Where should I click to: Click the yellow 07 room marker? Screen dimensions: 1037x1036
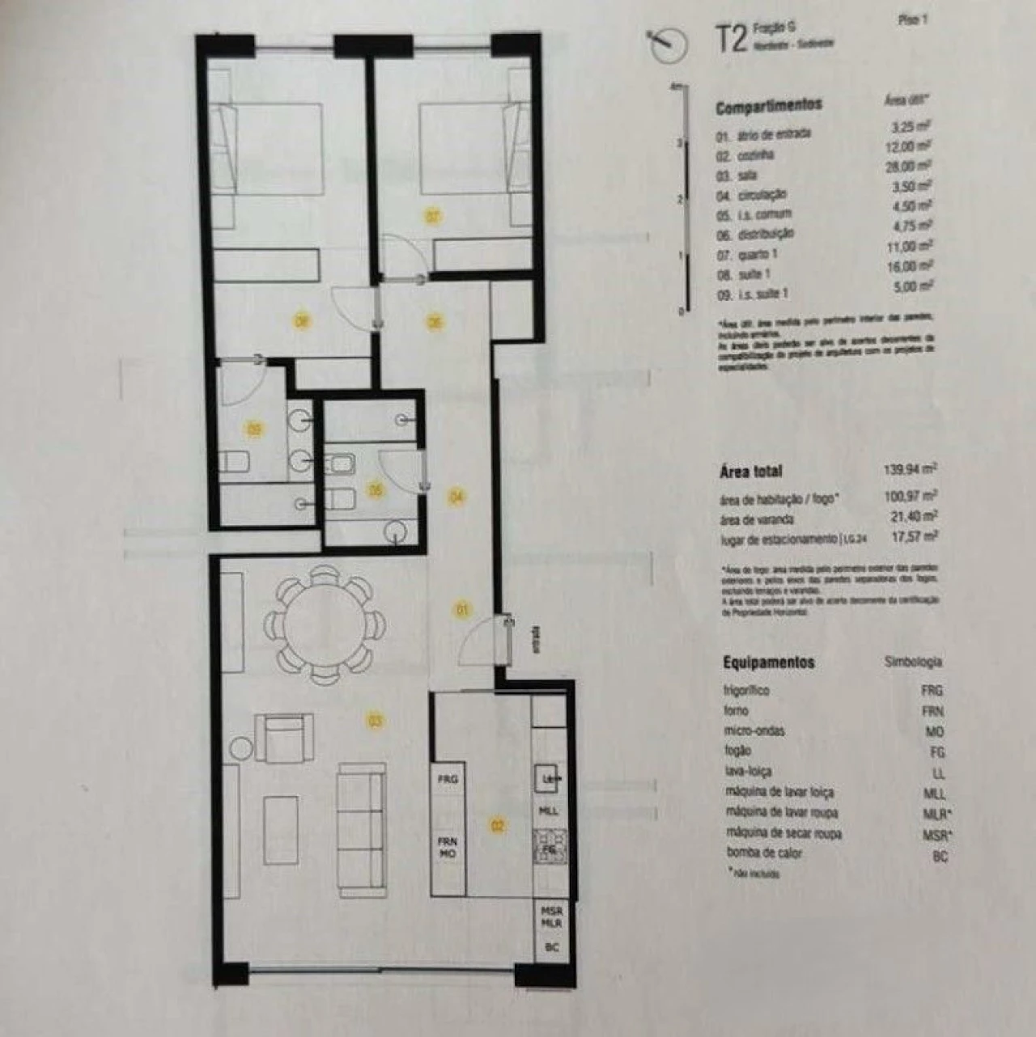[433, 217]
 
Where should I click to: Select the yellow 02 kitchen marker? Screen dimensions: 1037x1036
[498, 825]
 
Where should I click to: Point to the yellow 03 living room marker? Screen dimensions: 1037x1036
[375, 720]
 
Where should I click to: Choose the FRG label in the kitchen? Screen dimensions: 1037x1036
[448, 780]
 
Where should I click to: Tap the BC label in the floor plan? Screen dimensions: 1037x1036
[554, 946]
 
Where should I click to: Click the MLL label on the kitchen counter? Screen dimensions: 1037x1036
[548, 810]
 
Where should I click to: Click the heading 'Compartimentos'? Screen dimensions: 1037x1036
[768, 105]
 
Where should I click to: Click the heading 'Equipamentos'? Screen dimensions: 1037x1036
[768, 662]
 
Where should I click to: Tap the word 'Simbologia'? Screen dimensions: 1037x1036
[913, 662]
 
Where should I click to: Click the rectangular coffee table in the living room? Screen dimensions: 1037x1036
[281, 828]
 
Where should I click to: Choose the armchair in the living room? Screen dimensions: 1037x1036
[284, 737]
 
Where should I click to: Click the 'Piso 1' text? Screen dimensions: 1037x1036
[912, 21]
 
